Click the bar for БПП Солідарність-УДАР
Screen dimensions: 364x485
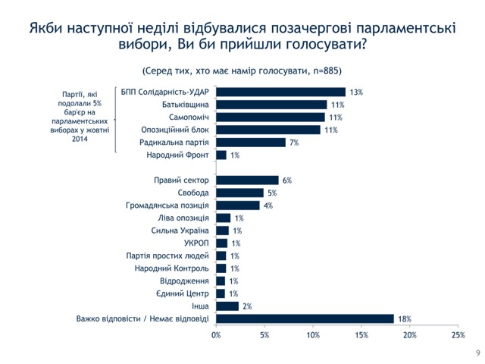pos(280,92)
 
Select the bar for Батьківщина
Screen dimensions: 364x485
pos(271,105)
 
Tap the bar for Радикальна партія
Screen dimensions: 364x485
pos(251,142)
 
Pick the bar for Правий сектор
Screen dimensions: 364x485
pos(247,180)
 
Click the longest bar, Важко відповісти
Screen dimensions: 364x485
pos(305,318)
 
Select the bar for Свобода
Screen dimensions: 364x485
pos(239,193)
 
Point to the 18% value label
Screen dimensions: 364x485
pos(404,319)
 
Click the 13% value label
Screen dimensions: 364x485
pos(356,92)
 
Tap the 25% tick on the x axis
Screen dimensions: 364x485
pos(458,334)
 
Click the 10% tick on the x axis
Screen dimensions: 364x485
pos(313,334)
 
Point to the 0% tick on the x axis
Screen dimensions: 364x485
pos(216,334)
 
